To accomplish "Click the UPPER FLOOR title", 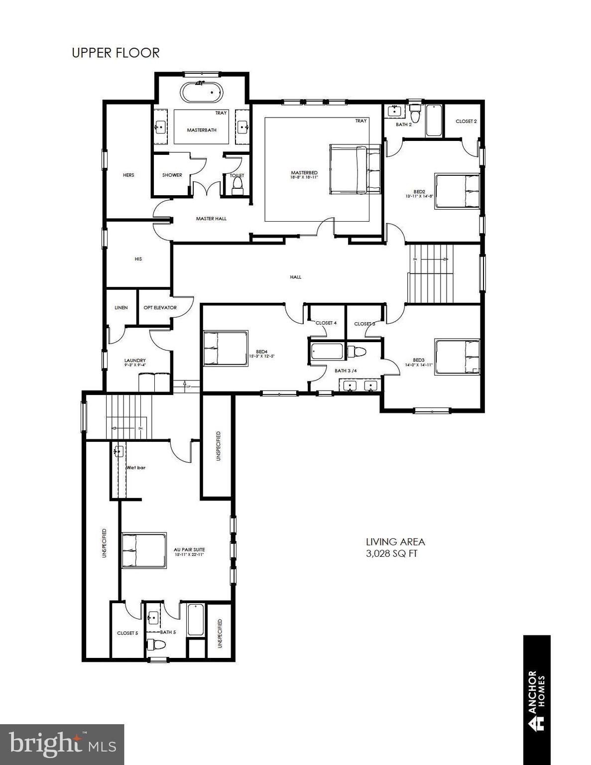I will [x=116, y=53].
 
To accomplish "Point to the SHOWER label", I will [x=172, y=175].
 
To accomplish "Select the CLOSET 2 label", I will [x=466, y=121].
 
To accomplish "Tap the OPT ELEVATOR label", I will [x=160, y=307].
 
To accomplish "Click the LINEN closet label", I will [x=121, y=307].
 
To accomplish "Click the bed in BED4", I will [x=226, y=348].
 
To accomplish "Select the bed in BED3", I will [x=457, y=357].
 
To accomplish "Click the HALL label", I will [x=295, y=277].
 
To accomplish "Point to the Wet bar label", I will [x=135, y=468].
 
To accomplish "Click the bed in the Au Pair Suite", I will [x=143, y=550].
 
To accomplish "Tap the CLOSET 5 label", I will [x=127, y=633].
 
